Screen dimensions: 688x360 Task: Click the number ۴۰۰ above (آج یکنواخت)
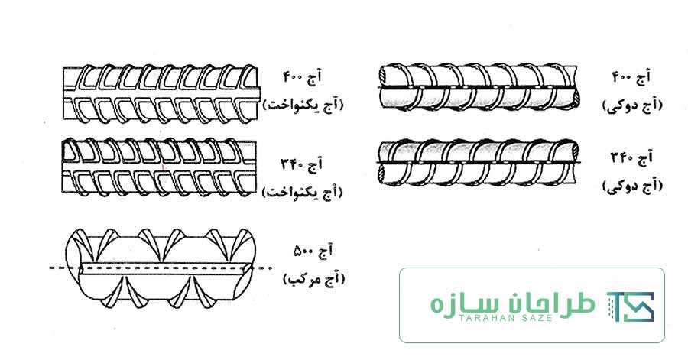pyautogui.click(x=293, y=78)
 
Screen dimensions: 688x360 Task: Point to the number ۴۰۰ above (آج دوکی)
pyautogui.click(x=622, y=78)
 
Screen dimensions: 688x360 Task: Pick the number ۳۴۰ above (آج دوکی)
pyautogui.click(x=622, y=157)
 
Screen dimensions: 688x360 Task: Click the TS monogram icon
pyautogui.click(x=631, y=306)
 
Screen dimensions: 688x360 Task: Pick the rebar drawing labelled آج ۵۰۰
pyautogui.click(x=161, y=267)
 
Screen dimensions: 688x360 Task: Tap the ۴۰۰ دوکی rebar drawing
pyautogui.click(x=479, y=87)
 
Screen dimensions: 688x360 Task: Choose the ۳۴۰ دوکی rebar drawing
pyautogui.click(x=479, y=162)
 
